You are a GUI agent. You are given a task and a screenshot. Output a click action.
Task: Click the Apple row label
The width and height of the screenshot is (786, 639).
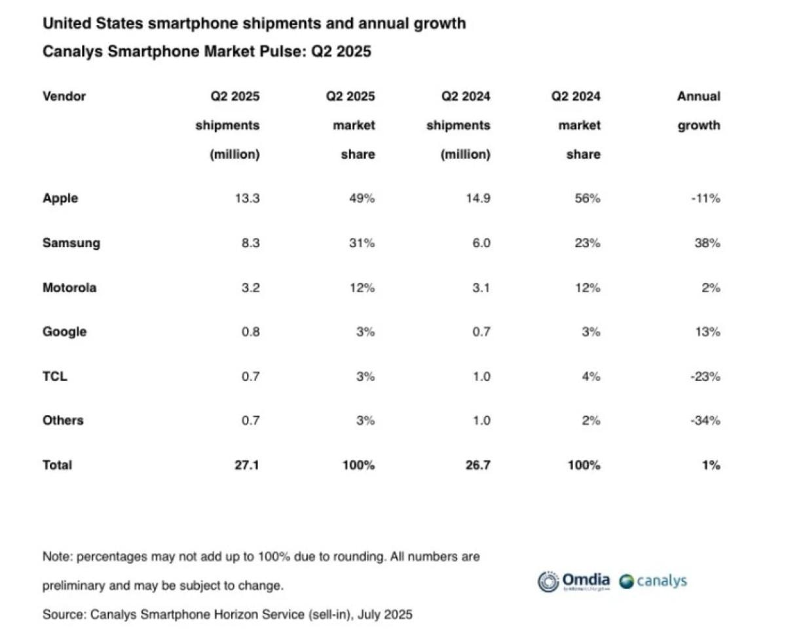point(60,198)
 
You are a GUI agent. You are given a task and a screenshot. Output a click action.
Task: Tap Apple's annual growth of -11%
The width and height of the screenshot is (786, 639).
point(705,198)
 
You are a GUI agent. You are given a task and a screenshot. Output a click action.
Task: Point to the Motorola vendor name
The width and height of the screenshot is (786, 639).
point(69,287)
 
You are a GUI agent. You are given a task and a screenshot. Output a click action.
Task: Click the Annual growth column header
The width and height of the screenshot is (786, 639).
point(698,111)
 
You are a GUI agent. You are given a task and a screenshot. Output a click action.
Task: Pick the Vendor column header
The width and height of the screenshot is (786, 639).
point(64,96)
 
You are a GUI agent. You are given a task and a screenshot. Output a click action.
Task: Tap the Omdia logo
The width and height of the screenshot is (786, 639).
point(574,581)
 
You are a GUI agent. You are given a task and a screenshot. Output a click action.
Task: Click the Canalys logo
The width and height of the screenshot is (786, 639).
point(653,581)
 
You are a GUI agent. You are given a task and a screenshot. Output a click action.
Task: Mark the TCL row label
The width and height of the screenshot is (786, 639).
point(55,376)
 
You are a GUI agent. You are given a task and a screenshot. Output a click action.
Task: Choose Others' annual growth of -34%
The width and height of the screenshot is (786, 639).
point(705,420)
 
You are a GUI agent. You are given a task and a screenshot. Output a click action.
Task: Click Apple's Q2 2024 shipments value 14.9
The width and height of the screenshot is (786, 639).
point(477,198)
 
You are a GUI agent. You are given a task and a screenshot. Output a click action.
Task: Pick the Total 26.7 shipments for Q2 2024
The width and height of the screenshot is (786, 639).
point(477,465)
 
